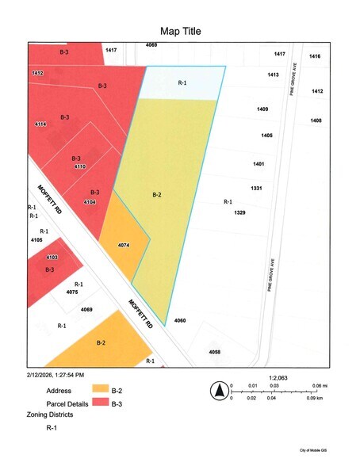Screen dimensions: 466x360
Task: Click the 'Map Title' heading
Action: pos(180,31)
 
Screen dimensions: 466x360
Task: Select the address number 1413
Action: pos(273,74)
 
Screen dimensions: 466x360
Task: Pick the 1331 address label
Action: pos(257,188)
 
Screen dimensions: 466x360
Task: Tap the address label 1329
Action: pos(239,213)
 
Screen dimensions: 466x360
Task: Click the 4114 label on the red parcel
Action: pos(40,124)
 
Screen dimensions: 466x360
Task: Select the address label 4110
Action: pos(79,167)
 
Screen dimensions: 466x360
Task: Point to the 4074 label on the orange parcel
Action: pos(123,246)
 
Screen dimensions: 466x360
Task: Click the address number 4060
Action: pos(180,320)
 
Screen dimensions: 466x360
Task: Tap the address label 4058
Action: pos(214,351)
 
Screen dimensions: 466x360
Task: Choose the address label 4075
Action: pos(72,292)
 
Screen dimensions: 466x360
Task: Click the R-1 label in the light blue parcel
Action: pos(182,82)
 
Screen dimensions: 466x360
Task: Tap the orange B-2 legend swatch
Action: pos(101,389)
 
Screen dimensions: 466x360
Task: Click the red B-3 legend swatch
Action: pos(101,403)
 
